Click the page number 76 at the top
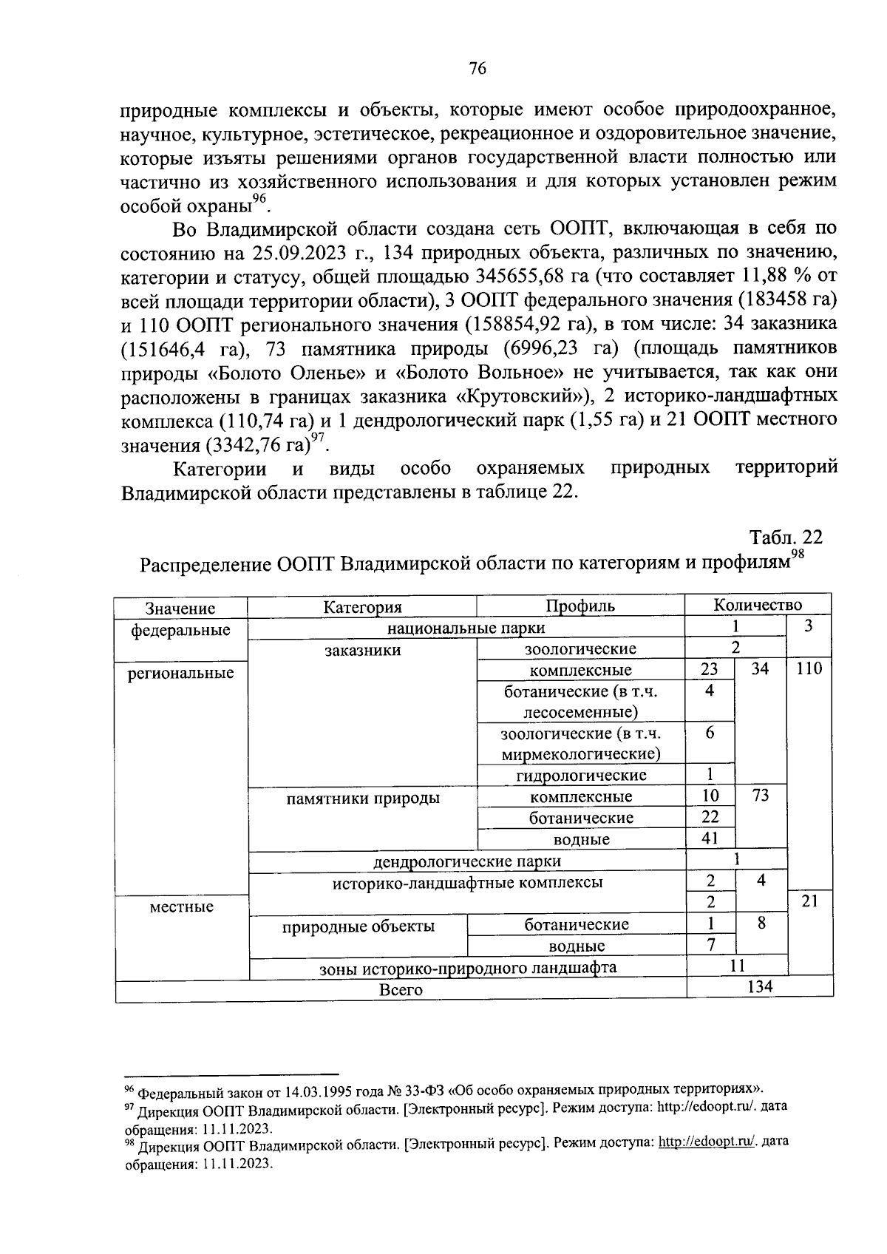pos(478,69)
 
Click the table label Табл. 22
pos(786,537)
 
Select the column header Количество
pos(758,605)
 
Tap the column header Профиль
pos(580,606)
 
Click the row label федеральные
pos(180,630)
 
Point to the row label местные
pos(181,906)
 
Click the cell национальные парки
pos(466,628)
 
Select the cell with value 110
pos(809,670)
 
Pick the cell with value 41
pos(710,838)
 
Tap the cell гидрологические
pos(581,775)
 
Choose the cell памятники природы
pos(362,798)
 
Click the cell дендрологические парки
pos(466,861)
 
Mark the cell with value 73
pos(760,796)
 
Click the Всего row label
pos(401,989)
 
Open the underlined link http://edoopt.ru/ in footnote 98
pos(707,1142)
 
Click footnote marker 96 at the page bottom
pos(128,1089)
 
